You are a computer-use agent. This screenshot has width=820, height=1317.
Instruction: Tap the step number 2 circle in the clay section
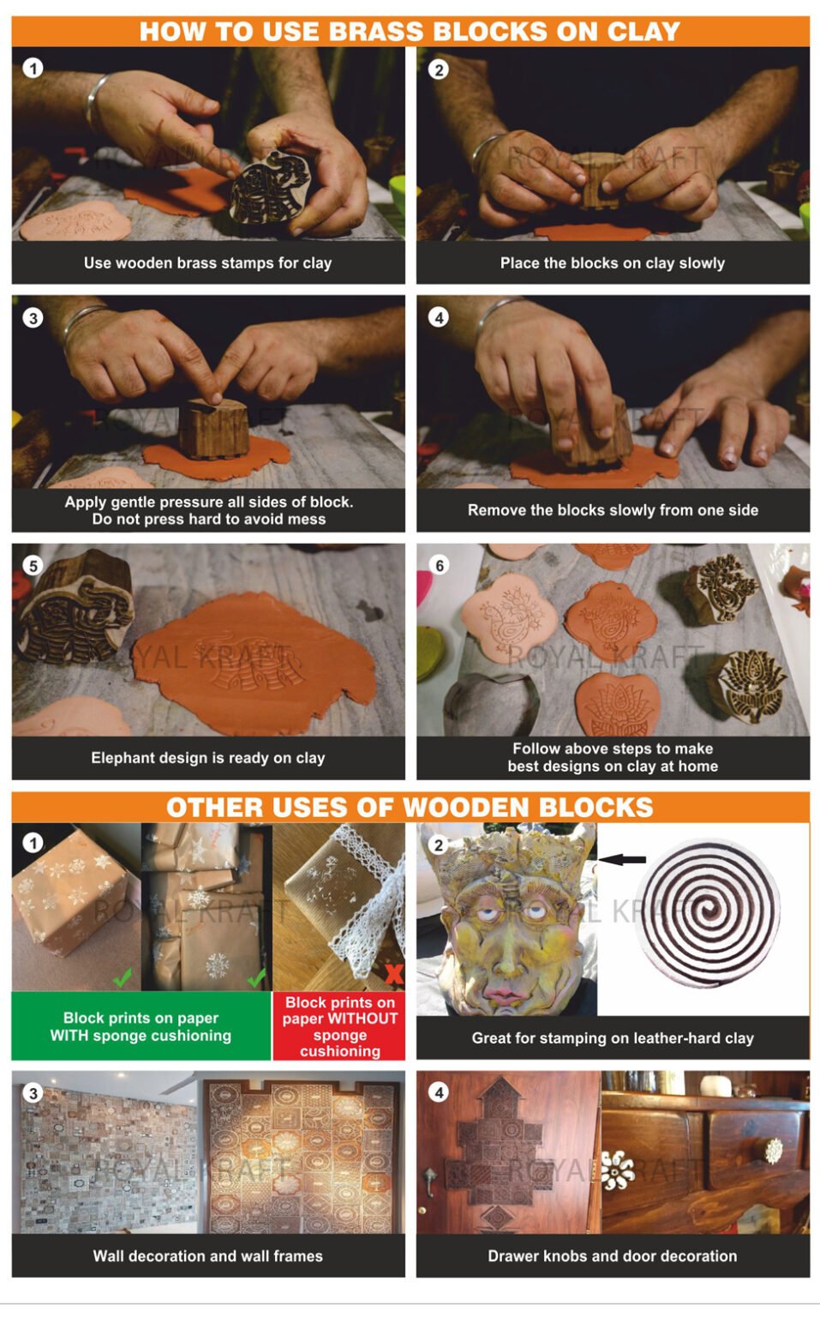point(438,69)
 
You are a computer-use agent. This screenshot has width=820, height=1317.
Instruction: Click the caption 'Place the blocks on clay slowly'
point(612,263)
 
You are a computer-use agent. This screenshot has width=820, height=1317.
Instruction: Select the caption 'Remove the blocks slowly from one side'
point(612,510)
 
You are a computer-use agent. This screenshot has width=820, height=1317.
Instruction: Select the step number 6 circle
point(439,566)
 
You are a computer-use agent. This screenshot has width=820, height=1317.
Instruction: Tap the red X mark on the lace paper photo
point(393,974)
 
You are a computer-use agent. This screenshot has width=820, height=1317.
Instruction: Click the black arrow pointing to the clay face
point(622,859)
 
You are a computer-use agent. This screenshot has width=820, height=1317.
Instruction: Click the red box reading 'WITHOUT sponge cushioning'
point(339,1026)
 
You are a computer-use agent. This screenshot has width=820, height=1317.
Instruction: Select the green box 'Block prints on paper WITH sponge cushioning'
point(141,1026)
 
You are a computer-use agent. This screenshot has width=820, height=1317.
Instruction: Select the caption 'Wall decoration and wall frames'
point(207,1256)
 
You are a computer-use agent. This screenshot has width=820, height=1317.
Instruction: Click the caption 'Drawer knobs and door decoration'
point(612,1256)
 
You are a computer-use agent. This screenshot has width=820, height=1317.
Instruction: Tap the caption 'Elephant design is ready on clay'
point(207,758)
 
